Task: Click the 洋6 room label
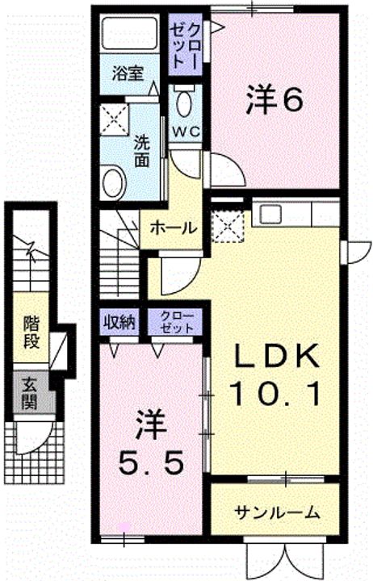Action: [x=275, y=100]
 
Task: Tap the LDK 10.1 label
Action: [x=275, y=375]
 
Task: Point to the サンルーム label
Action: [x=277, y=512]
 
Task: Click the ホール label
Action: [x=173, y=228]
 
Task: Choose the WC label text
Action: [x=186, y=132]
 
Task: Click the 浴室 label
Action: [x=128, y=74]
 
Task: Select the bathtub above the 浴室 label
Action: [x=130, y=32]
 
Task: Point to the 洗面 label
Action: [x=141, y=151]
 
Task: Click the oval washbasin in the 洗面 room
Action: [x=114, y=183]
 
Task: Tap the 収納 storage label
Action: [x=119, y=322]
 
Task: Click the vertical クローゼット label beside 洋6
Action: [x=186, y=44]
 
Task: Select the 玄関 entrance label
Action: [x=29, y=394]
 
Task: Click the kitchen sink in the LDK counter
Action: [x=270, y=213]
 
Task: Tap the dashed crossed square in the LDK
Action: [x=228, y=227]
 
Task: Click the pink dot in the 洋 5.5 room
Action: [x=124, y=526]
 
